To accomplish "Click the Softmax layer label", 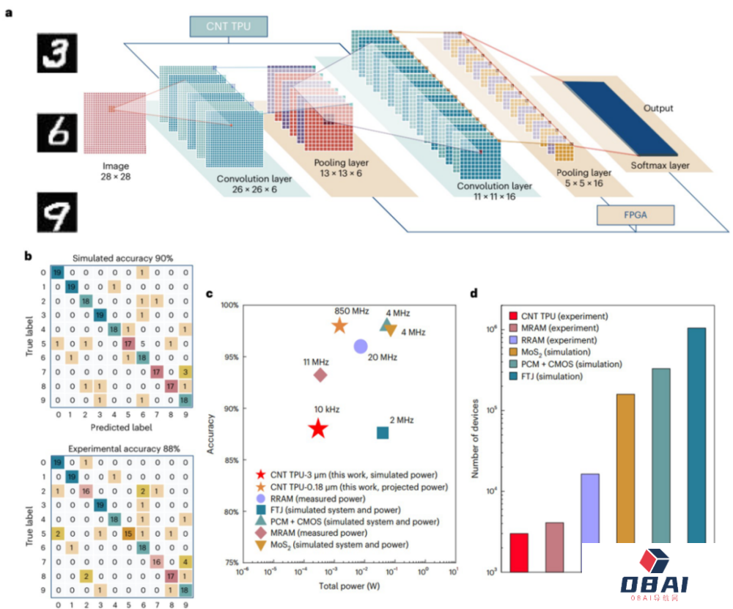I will coord(660,166).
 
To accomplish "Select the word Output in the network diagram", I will coord(658,108).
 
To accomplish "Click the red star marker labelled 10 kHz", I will coord(317,429).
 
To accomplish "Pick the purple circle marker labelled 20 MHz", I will coord(361,347).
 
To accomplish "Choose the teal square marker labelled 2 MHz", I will coord(383,433).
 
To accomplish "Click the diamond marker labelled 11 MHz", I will coord(320,375).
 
